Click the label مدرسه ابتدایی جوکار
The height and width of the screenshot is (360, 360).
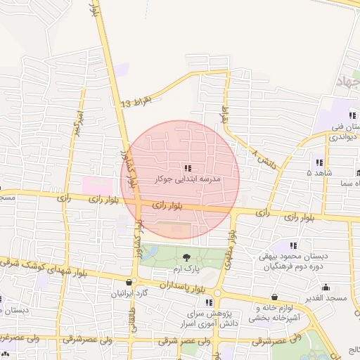187,180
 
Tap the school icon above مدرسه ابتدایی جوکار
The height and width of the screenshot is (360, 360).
187,168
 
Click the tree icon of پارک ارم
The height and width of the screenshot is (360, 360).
186,257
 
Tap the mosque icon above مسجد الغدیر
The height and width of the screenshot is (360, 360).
325,287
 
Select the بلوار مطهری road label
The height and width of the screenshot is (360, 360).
229,257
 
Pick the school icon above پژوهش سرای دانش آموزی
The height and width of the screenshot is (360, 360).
209,302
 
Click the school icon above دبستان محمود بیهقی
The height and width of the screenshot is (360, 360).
293,245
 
